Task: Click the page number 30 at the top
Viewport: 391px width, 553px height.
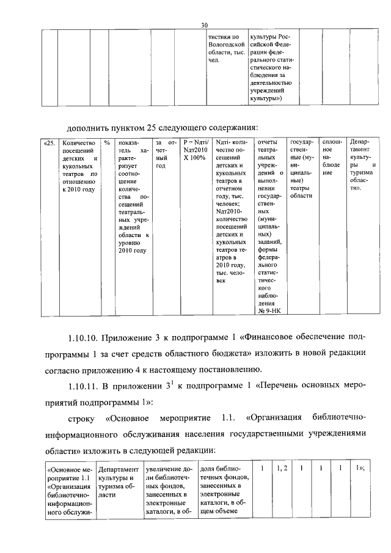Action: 205,24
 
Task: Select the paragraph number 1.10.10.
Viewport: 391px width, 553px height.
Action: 82,337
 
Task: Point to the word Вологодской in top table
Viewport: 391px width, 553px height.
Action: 226,45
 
